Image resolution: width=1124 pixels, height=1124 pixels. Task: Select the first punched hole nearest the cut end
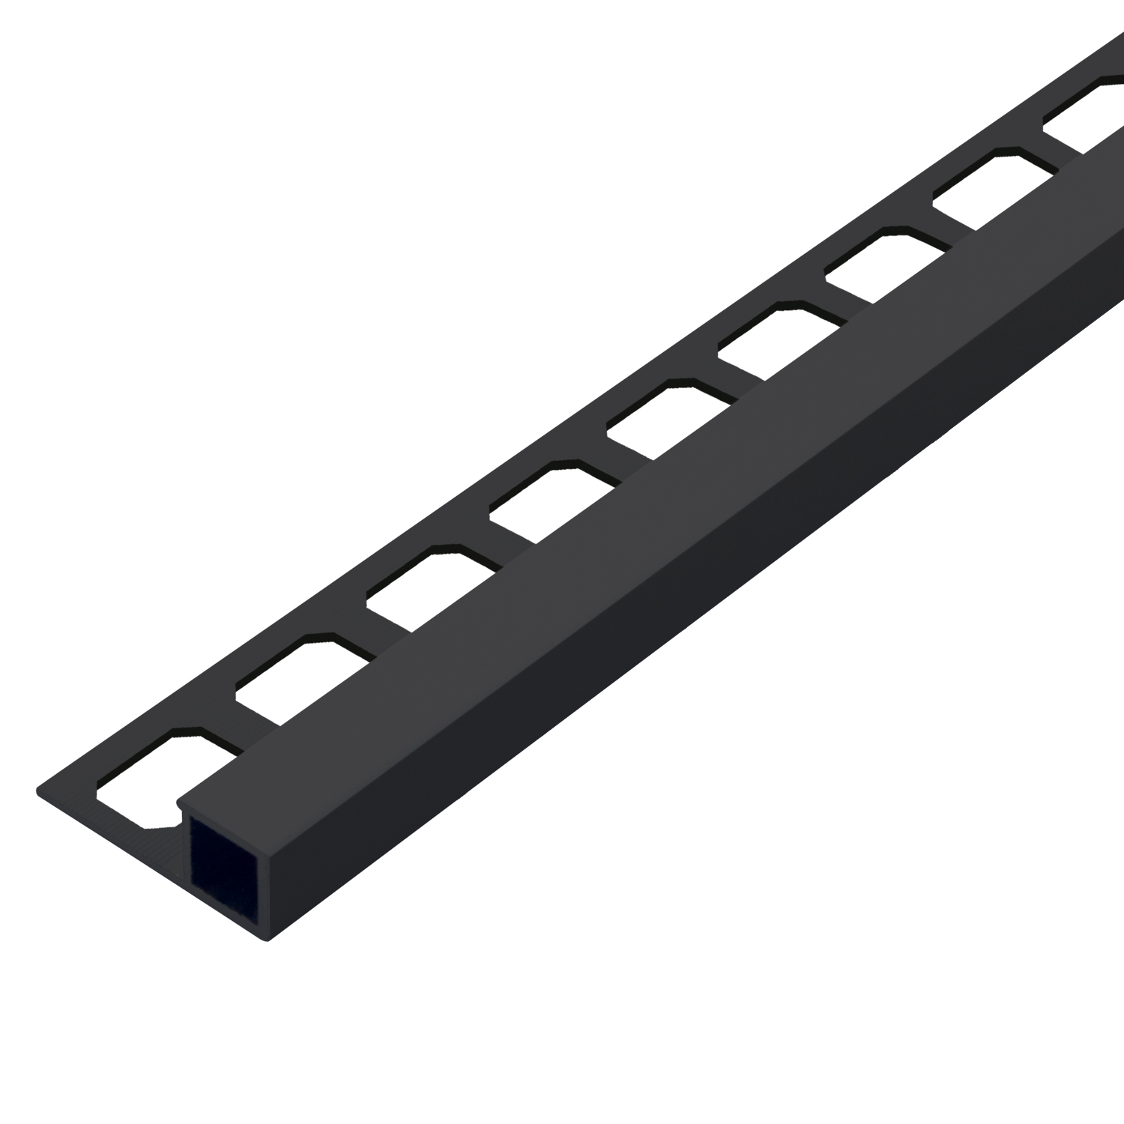point(150,779)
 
